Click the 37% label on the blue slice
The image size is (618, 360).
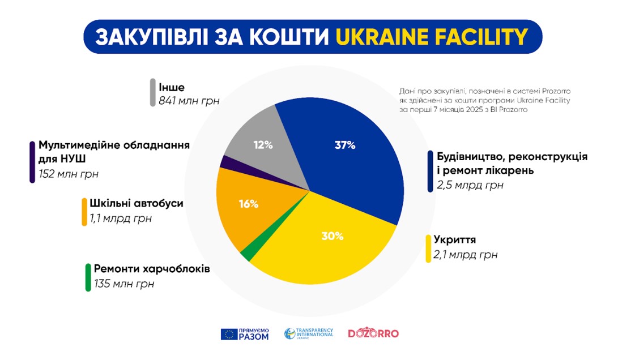click(x=344, y=145)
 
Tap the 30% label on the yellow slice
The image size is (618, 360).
click(x=333, y=237)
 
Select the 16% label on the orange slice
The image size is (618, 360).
click(x=249, y=204)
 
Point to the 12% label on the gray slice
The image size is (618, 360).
click(x=263, y=145)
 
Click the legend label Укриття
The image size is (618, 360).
click(x=455, y=240)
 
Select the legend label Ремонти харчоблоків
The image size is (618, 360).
click(x=152, y=269)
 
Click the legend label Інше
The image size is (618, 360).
click(x=172, y=87)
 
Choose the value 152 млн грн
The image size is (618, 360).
click(x=69, y=174)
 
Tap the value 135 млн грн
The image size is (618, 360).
click(x=123, y=284)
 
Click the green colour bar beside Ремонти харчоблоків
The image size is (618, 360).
click(x=88, y=277)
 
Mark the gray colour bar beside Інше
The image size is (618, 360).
click(x=153, y=93)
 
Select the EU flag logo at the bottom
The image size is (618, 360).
click(x=229, y=334)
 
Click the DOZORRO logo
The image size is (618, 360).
click(x=373, y=333)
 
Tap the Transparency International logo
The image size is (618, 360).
click(x=309, y=333)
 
